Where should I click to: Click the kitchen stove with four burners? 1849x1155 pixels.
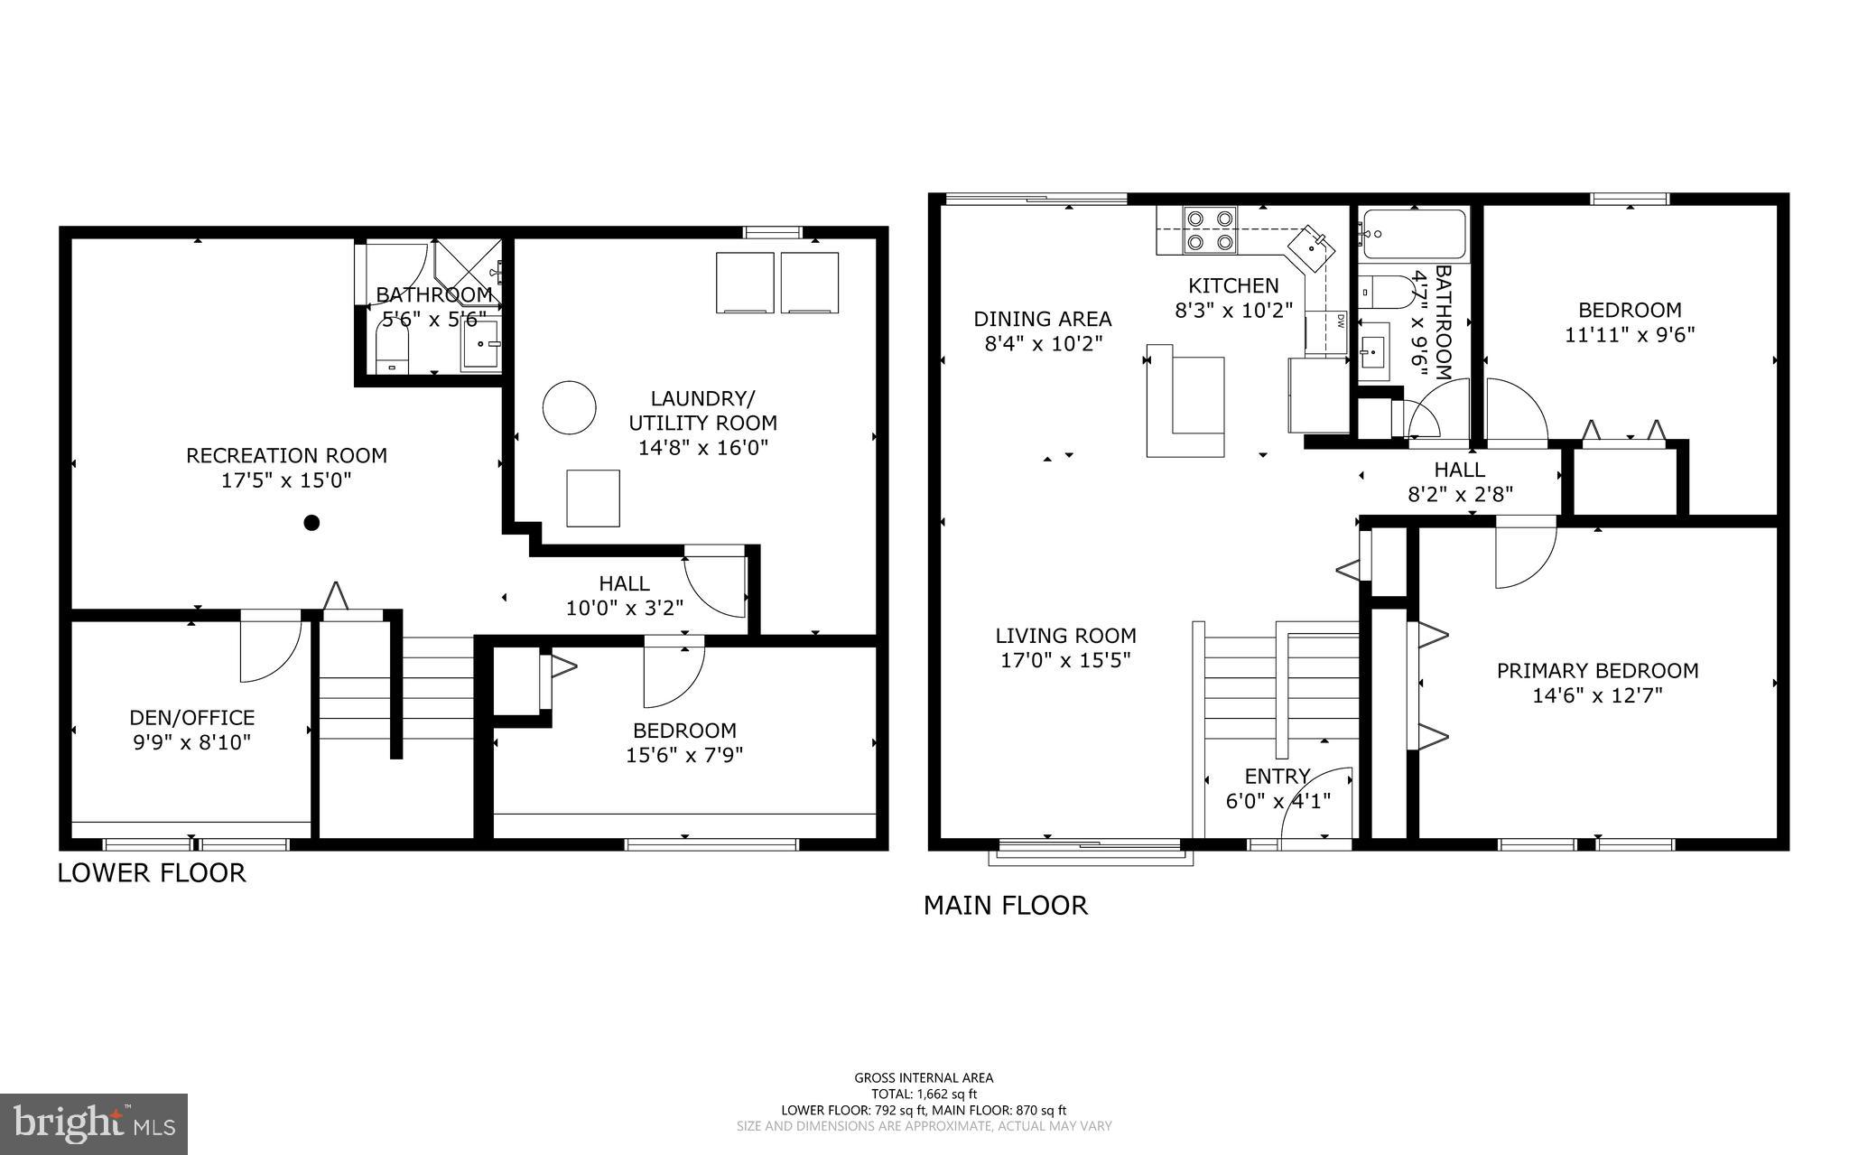(x=1209, y=229)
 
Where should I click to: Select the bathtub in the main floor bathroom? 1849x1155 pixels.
(x=1414, y=235)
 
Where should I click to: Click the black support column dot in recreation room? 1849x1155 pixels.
(x=311, y=522)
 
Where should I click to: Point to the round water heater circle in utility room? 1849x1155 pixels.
(x=569, y=408)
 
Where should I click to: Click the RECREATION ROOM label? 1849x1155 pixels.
(x=286, y=456)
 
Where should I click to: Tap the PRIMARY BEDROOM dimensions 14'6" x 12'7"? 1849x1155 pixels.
(x=1597, y=696)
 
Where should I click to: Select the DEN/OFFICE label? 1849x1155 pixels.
(x=191, y=718)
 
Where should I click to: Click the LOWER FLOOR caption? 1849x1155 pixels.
(x=152, y=873)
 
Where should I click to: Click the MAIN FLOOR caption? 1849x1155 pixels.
(x=1005, y=905)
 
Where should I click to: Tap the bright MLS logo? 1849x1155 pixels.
(x=94, y=1123)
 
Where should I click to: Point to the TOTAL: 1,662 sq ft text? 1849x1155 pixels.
(x=924, y=1094)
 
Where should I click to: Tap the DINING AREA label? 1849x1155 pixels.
(x=1042, y=319)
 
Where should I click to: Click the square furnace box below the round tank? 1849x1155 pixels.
(x=593, y=498)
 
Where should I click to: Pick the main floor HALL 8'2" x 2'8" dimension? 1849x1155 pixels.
(x=1460, y=494)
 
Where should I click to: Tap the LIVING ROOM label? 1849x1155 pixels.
(x=1065, y=636)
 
